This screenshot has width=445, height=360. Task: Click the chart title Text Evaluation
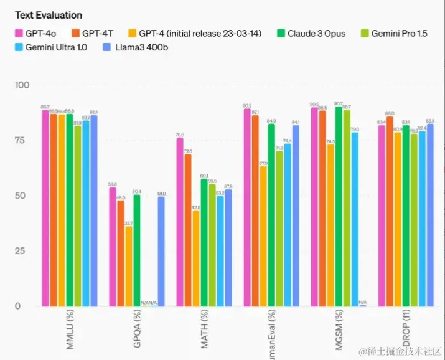pyautogui.click(x=49, y=15)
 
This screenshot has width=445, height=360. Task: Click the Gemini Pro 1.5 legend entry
pyautogui.click(x=398, y=33)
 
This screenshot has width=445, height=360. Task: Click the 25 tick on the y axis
pyautogui.click(x=22, y=251)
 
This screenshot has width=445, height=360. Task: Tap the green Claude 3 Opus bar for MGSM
pyautogui.click(x=339, y=206)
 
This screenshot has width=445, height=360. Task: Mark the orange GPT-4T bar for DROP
pyautogui.click(x=390, y=211)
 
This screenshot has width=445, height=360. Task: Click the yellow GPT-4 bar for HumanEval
pyautogui.click(x=263, y=236)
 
